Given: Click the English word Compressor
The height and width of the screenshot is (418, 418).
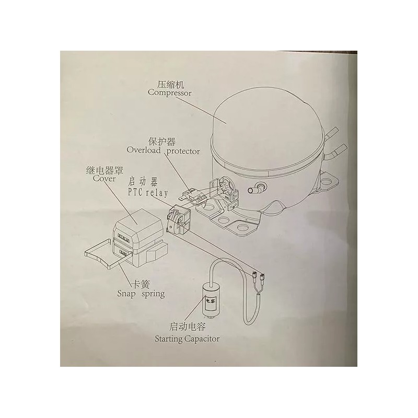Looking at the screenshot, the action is [x=170, y=93].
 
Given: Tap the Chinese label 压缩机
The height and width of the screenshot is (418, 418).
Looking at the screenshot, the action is [x=171, y=85].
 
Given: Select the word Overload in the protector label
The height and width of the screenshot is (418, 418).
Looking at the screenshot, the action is [x=144, y=150].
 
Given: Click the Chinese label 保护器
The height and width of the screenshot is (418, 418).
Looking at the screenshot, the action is [x=162, y=142].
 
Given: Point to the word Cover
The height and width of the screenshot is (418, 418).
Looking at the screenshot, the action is [x=104, y=179].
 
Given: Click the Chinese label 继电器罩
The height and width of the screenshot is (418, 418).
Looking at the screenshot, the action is [x=104, y=170].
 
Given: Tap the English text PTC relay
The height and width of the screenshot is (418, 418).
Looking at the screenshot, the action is [x=148, y=192].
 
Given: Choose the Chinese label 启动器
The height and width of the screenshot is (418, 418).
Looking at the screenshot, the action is [x=143, y=182].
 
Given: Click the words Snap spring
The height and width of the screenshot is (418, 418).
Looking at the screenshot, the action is [x=141, y=294].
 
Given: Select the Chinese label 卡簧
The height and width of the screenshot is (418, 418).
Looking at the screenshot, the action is [x=141, y=284].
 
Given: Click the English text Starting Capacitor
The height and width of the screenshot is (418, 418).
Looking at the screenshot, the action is [x=187, y=339].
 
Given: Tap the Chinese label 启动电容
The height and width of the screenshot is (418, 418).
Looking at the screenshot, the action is [x=188, y=327].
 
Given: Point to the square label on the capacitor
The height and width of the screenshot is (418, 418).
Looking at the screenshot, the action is [x=211, y=302].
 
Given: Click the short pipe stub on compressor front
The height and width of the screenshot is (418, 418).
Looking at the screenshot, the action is [x=255, y=189].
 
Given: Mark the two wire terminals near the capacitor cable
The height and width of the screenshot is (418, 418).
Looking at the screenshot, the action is [x=258, y=276].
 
